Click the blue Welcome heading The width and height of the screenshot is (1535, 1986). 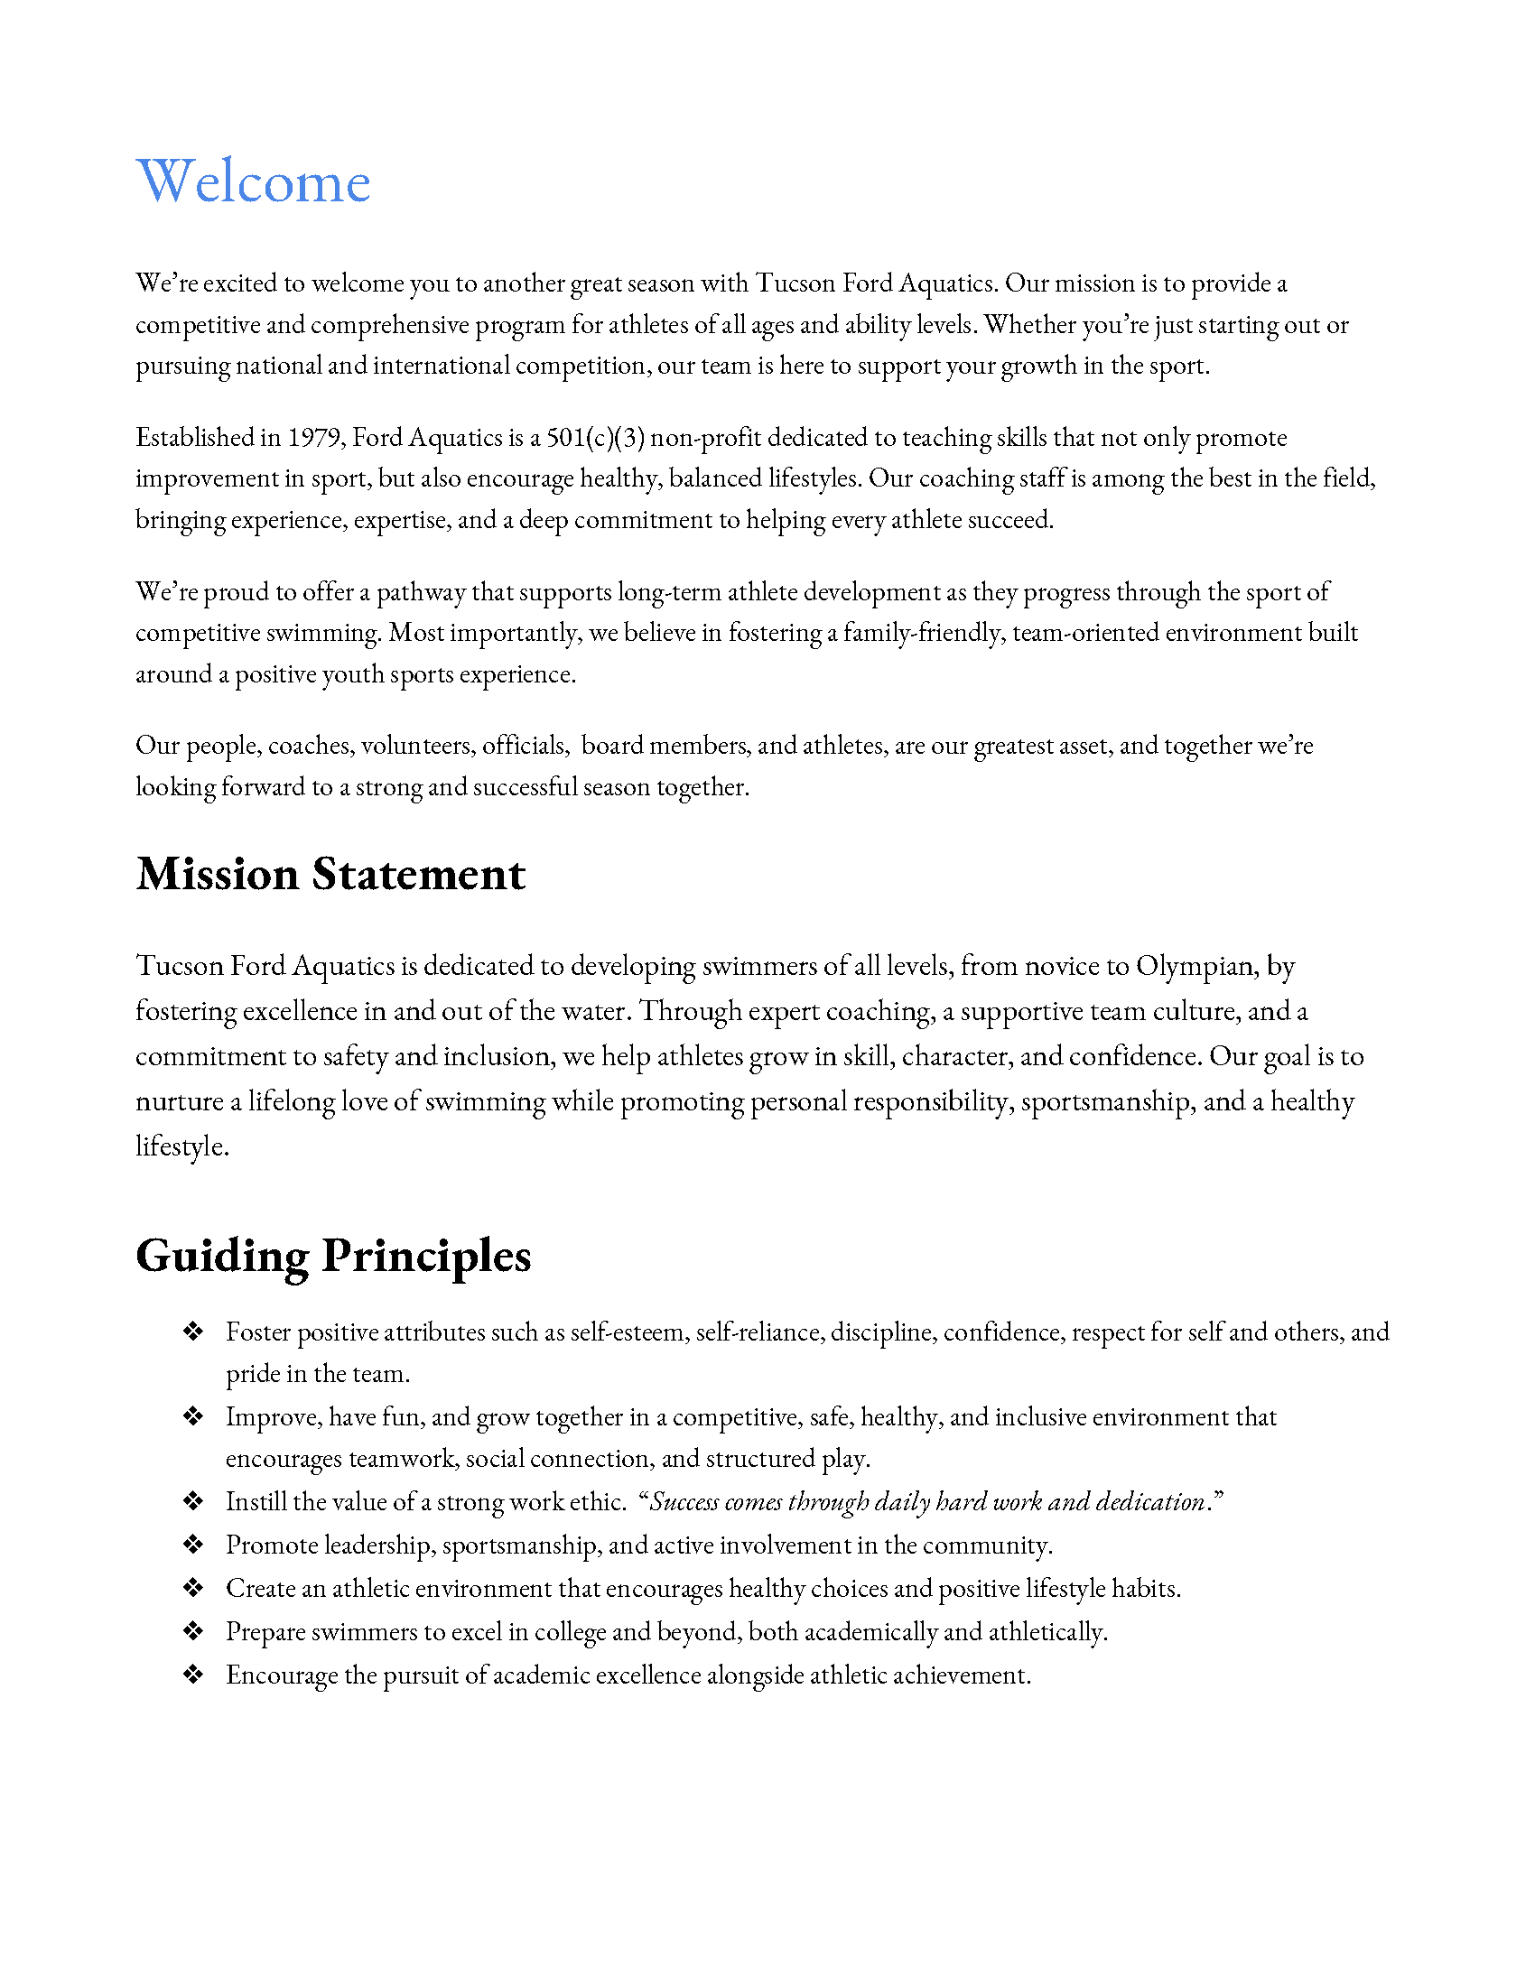[x=253, y=181]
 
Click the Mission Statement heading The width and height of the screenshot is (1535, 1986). [x=330, y=874]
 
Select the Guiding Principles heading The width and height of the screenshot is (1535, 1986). [x=333, y=1256]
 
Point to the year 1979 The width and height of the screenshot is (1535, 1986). [x=314, y=438]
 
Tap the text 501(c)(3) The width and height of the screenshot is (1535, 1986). [x=595, y=438]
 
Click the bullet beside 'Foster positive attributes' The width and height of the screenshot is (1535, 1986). [x=193, y=1332]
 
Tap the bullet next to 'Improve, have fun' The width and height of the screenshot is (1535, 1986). [x=193, y=1416]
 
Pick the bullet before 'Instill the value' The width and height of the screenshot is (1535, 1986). [x=193, y=1501]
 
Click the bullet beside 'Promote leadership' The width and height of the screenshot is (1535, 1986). [x=193, y=1545]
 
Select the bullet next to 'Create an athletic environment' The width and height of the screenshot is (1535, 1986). [x=193, y=1589]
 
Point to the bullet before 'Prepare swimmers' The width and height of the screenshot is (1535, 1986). [x=193, y=1632]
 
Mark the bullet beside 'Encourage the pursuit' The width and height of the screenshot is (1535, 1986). [x=193, y=1675]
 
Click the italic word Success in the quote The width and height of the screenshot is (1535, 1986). [x=684, y=1501]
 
